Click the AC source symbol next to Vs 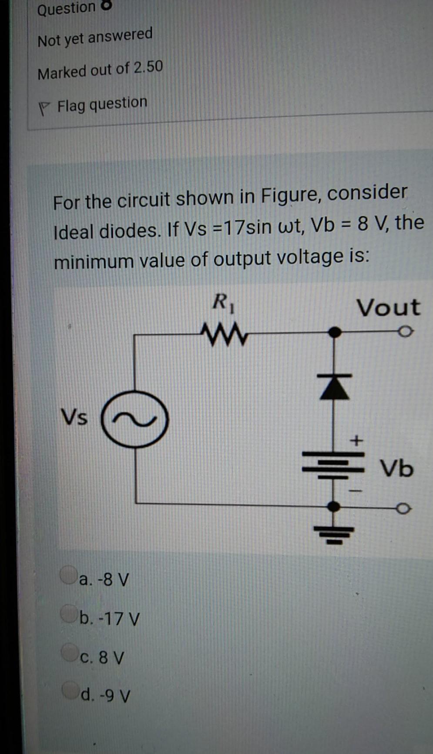[135, 419]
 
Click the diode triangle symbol [335, 387]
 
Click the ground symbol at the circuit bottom [334, 534]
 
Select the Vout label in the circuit [389, 307]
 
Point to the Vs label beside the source [74, 417]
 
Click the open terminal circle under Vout [405, 332]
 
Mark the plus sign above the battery [356, 441]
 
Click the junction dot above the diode [334, 333]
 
